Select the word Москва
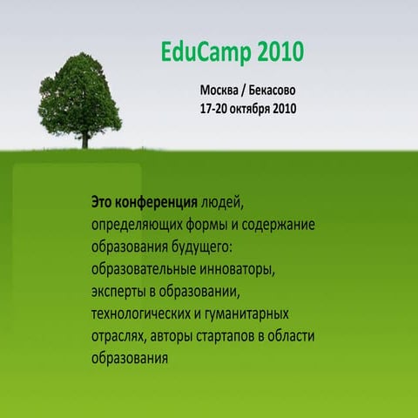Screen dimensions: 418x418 coord(221,91)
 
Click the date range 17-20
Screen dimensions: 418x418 coord(216,110)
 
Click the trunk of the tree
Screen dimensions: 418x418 coord(85,134)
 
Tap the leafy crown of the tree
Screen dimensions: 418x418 coord(80,91)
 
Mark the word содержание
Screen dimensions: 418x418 coord(276,224)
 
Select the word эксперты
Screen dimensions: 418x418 coord(121,290)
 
